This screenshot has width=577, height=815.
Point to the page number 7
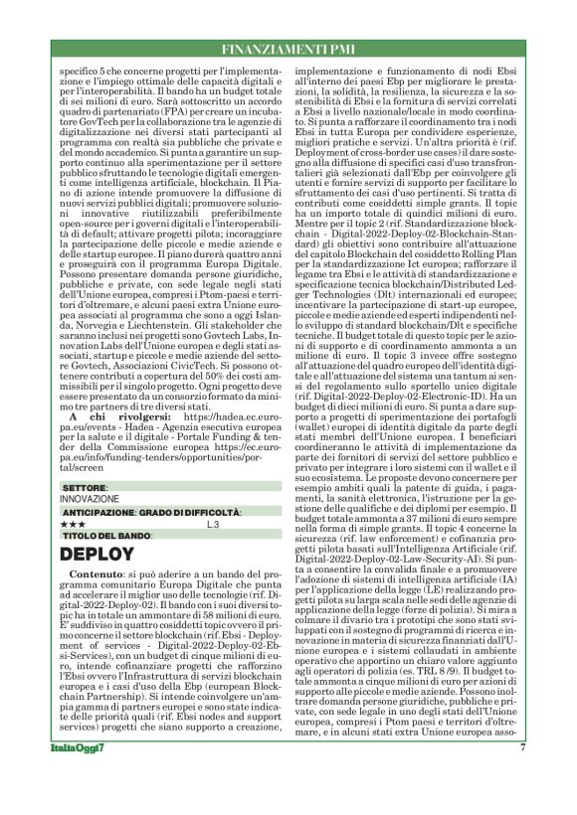tap(522, 776)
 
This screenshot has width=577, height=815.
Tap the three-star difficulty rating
tap(74, 523)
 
